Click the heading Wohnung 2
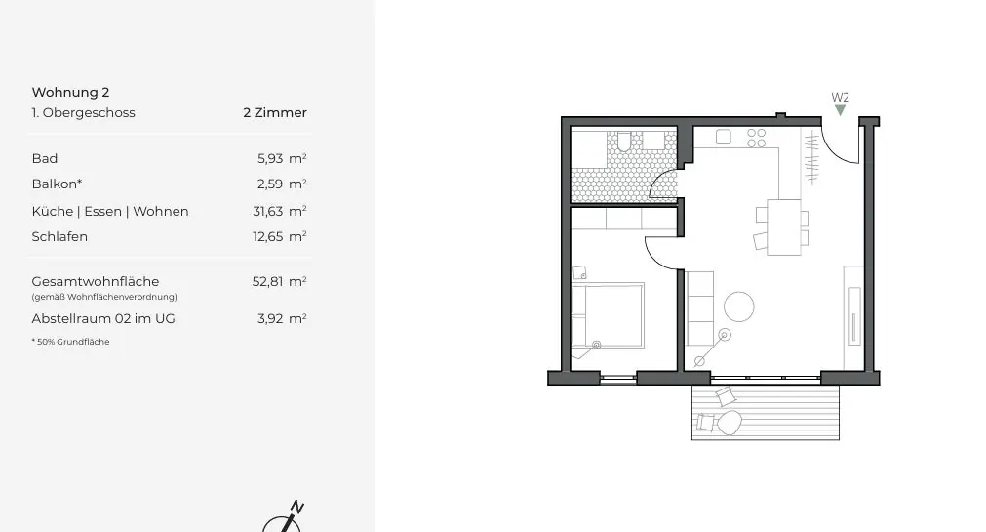[70, 93]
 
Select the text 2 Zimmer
[275, 113]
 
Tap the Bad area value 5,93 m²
[279, 158]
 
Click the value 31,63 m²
[279, 211]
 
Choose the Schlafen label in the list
[59, 236]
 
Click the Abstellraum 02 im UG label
[103, 318]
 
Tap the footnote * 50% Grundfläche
[70, 342]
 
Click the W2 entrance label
[840, 97]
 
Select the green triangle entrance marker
[840, 110]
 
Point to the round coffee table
[738, 307]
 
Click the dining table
[783, 225]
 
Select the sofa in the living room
[699, 308]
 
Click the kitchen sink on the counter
[724, 138]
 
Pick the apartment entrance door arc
[838, 147]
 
